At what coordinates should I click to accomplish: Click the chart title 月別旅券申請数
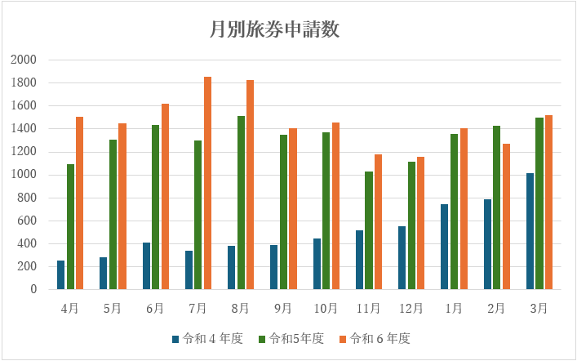click(x=274, y=30)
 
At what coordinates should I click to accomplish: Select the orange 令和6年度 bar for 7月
click(x=207, y=183)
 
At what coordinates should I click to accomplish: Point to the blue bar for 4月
click(x=60, y=275)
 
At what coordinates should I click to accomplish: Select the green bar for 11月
click(x=369, y=230)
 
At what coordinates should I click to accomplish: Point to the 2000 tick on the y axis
click(x=24, y=60)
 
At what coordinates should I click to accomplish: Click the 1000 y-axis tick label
click(x=24, y=175)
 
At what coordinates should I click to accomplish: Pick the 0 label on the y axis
click(x=33, y=289)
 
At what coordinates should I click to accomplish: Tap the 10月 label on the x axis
click(x=326, y=309)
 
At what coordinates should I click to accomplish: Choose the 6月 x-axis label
click(x=155, y=309)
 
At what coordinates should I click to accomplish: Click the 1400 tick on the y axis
click(x=24, y=129)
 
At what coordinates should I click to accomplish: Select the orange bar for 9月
click(x=293, y=209)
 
